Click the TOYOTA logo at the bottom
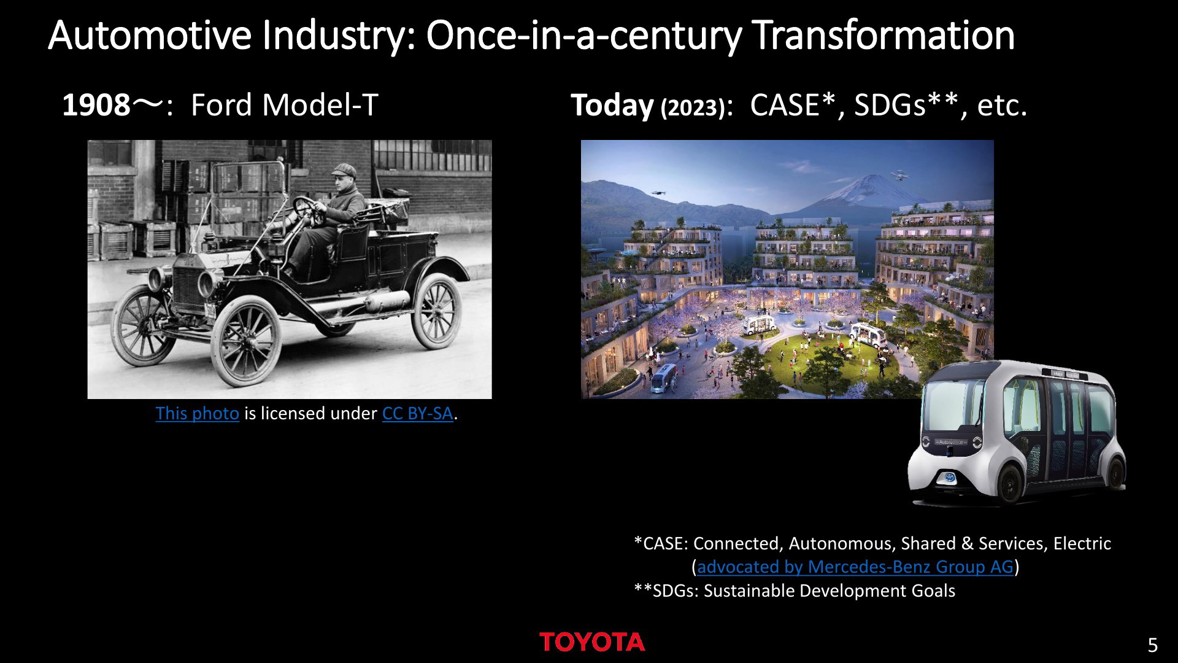click(592, 642)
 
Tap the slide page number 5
click(1153, 645)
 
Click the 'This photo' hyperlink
click(197, 413)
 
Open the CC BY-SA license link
click(417, 413)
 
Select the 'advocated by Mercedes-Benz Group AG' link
click(855, 567)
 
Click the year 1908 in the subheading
click(96, 105)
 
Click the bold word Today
click(612, 106)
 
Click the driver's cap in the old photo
click(342, 169)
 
